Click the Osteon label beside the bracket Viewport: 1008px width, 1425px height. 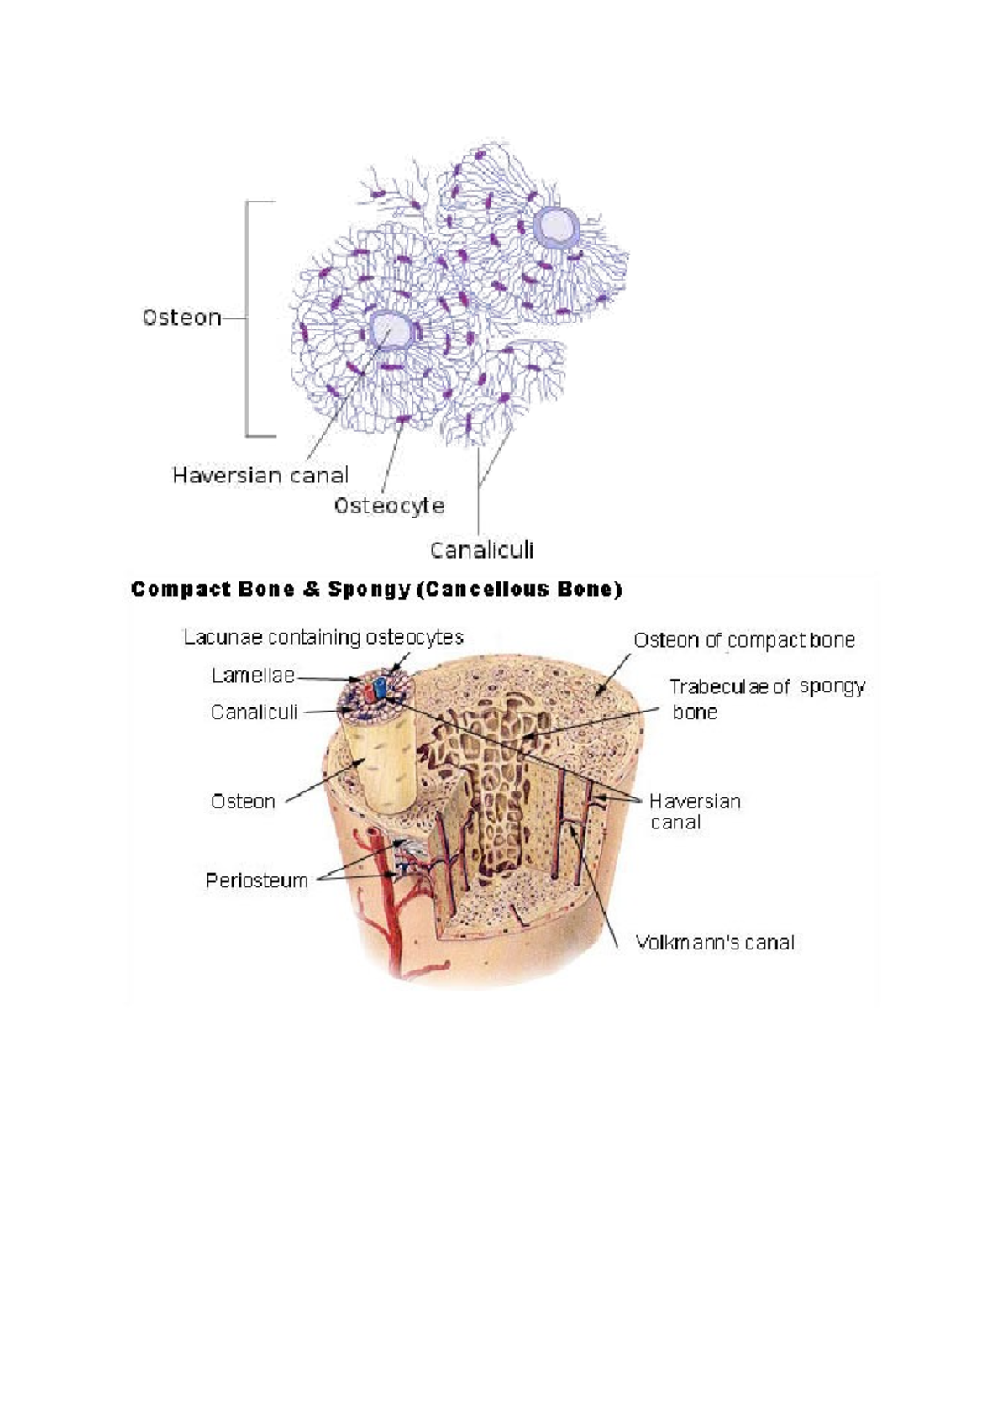point(181,317)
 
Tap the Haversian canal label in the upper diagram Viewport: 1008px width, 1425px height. point(260,475)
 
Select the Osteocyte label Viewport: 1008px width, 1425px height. point(389,506)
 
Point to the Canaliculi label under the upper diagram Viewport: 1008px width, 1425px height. point(481,549)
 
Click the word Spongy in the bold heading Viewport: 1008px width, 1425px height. point(369,589)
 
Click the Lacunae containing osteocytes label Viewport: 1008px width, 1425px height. point(323,637)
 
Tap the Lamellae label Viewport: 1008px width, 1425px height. point(253,675)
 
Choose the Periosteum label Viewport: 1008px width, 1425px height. point(257,881)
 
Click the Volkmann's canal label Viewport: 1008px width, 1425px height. point(715,942)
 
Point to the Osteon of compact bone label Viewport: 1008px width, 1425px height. point(744,639)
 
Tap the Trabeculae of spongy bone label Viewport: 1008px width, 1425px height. point(767,698)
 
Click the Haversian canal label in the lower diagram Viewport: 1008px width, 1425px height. point(696,811)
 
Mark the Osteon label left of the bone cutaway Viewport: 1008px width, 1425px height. point(243,801)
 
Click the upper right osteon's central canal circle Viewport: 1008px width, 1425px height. point(556,226)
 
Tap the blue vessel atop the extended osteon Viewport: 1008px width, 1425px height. point(380,688)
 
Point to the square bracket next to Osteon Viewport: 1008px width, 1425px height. point(260,318)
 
